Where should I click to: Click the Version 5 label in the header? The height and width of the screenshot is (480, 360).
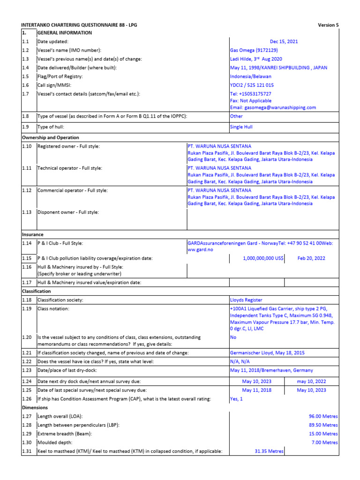point(328,25)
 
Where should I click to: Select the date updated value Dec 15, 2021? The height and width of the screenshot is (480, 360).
point(284,42)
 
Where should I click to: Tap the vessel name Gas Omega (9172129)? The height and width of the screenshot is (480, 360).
point(254,50)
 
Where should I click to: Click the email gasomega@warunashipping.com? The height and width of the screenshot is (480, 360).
point(273,107)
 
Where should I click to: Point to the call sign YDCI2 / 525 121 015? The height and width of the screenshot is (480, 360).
point(252,85)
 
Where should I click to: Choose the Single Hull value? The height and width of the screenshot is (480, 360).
point(242,127)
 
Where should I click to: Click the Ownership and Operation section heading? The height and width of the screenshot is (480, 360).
point(51,138)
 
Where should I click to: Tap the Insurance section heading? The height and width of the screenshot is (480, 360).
point(33,234)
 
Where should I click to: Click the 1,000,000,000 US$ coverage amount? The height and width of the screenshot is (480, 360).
point(263,258)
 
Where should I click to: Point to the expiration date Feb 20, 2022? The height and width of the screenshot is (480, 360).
point(311,258)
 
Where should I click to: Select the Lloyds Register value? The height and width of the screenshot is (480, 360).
point(246,300)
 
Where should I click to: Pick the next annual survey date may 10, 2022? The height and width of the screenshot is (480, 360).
point(311,382)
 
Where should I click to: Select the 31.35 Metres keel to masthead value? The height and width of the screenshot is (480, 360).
point(269,451)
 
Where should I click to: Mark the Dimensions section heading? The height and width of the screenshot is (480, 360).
point(35,408)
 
